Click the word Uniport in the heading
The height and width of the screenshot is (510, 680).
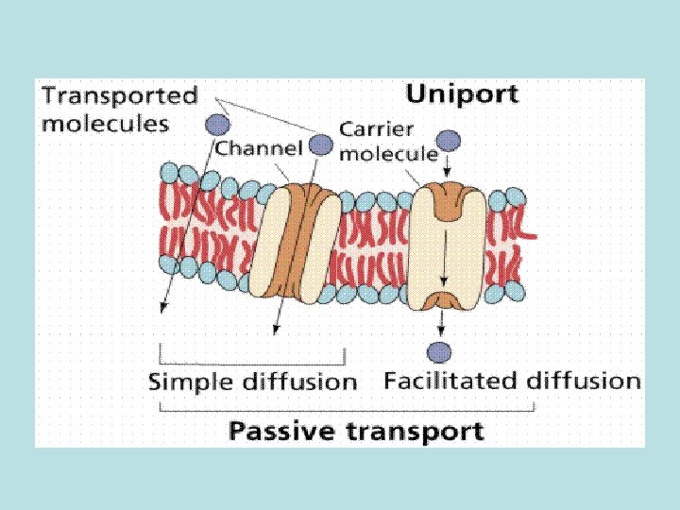tap(462, 94)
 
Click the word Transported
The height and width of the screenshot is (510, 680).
tap(120, 95)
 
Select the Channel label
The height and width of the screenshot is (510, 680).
tap(258, 147)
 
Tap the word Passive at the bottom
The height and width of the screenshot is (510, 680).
tap(273, 432)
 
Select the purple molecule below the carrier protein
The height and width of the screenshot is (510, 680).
tap(439, 353)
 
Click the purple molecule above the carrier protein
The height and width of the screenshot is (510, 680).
tap(449, 142)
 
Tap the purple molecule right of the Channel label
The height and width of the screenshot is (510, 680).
tap(321, 144)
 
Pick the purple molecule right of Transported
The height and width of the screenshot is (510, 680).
tap(218, 123)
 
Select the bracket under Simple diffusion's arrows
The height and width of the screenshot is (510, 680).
tap(253, 363)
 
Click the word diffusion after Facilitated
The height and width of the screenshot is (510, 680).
tap(583, 381)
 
